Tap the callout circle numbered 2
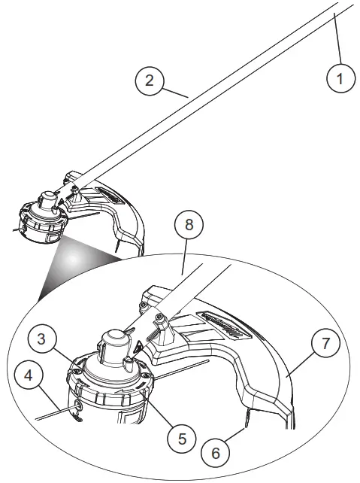149,80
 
